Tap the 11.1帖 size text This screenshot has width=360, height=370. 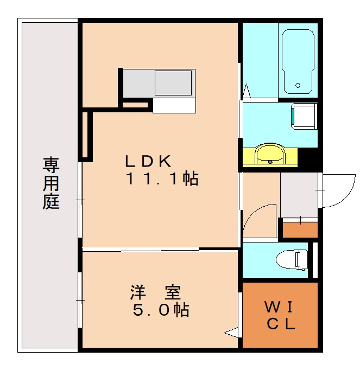tap(162, 179)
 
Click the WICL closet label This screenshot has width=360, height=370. tap(280, 316)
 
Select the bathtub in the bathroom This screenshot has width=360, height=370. tap(297, 60)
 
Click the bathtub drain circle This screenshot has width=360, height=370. tap(298, 85)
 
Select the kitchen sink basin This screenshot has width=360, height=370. tap(173, 83)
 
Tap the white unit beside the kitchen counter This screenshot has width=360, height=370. tap(173, 105)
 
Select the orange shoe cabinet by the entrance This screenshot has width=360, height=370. tap(300, 228)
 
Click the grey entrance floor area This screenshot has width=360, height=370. tap(299, 195)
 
